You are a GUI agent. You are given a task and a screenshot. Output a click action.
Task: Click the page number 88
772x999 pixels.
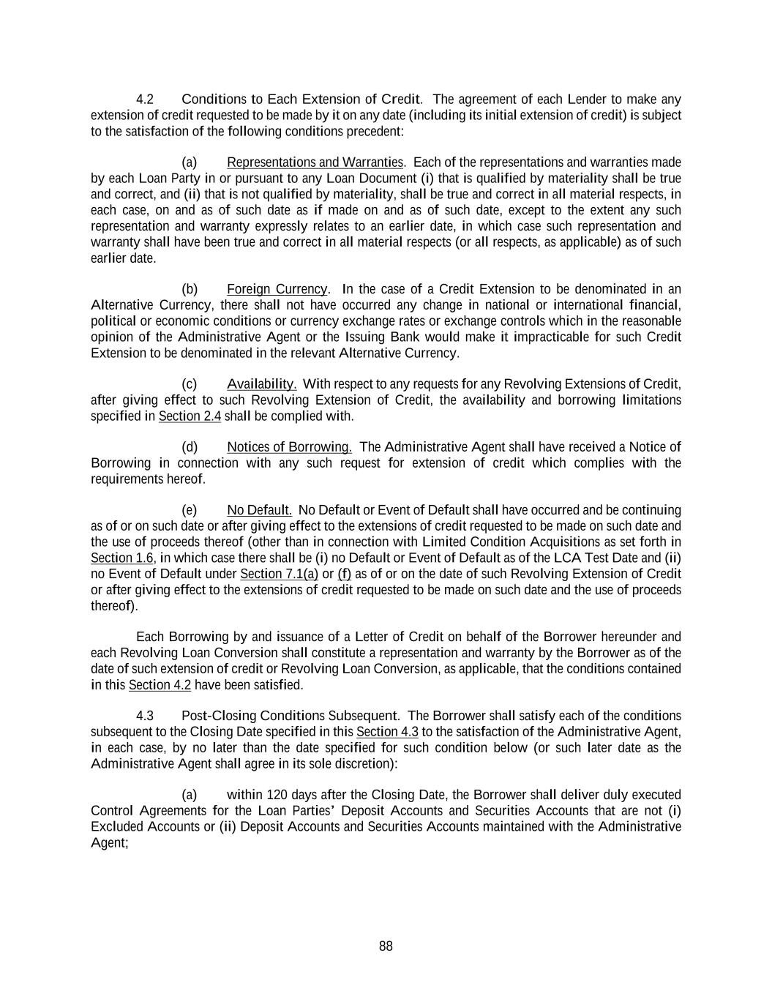click(x=386, y=946)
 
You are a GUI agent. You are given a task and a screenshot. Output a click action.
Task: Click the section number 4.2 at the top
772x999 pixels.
click(x=145, y=99)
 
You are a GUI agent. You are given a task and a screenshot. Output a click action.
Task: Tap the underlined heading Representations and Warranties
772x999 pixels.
click(x=315, y=162)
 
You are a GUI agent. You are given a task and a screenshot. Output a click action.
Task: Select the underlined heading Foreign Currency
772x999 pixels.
click(x=277, y=289)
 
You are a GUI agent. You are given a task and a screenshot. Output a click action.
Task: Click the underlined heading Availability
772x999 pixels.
click(x=261, y=384)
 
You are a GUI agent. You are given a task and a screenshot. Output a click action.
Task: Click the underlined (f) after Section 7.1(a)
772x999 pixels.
click(x=344, y=574)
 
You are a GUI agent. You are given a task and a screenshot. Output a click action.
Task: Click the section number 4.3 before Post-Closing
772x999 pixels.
click(x=145, y=716)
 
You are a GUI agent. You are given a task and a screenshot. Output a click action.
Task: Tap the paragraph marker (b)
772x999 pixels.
click(x=190, y=289)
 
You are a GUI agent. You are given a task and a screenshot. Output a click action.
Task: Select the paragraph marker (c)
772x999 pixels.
click(x=190, y=384)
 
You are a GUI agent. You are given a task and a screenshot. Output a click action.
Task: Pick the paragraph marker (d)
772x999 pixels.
click(x=190, y=447)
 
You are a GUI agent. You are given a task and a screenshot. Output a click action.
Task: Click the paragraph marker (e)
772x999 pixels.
click(x=190, y=510)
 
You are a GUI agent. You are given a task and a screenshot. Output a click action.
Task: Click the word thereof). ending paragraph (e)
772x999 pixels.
click(x=114, y=606)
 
